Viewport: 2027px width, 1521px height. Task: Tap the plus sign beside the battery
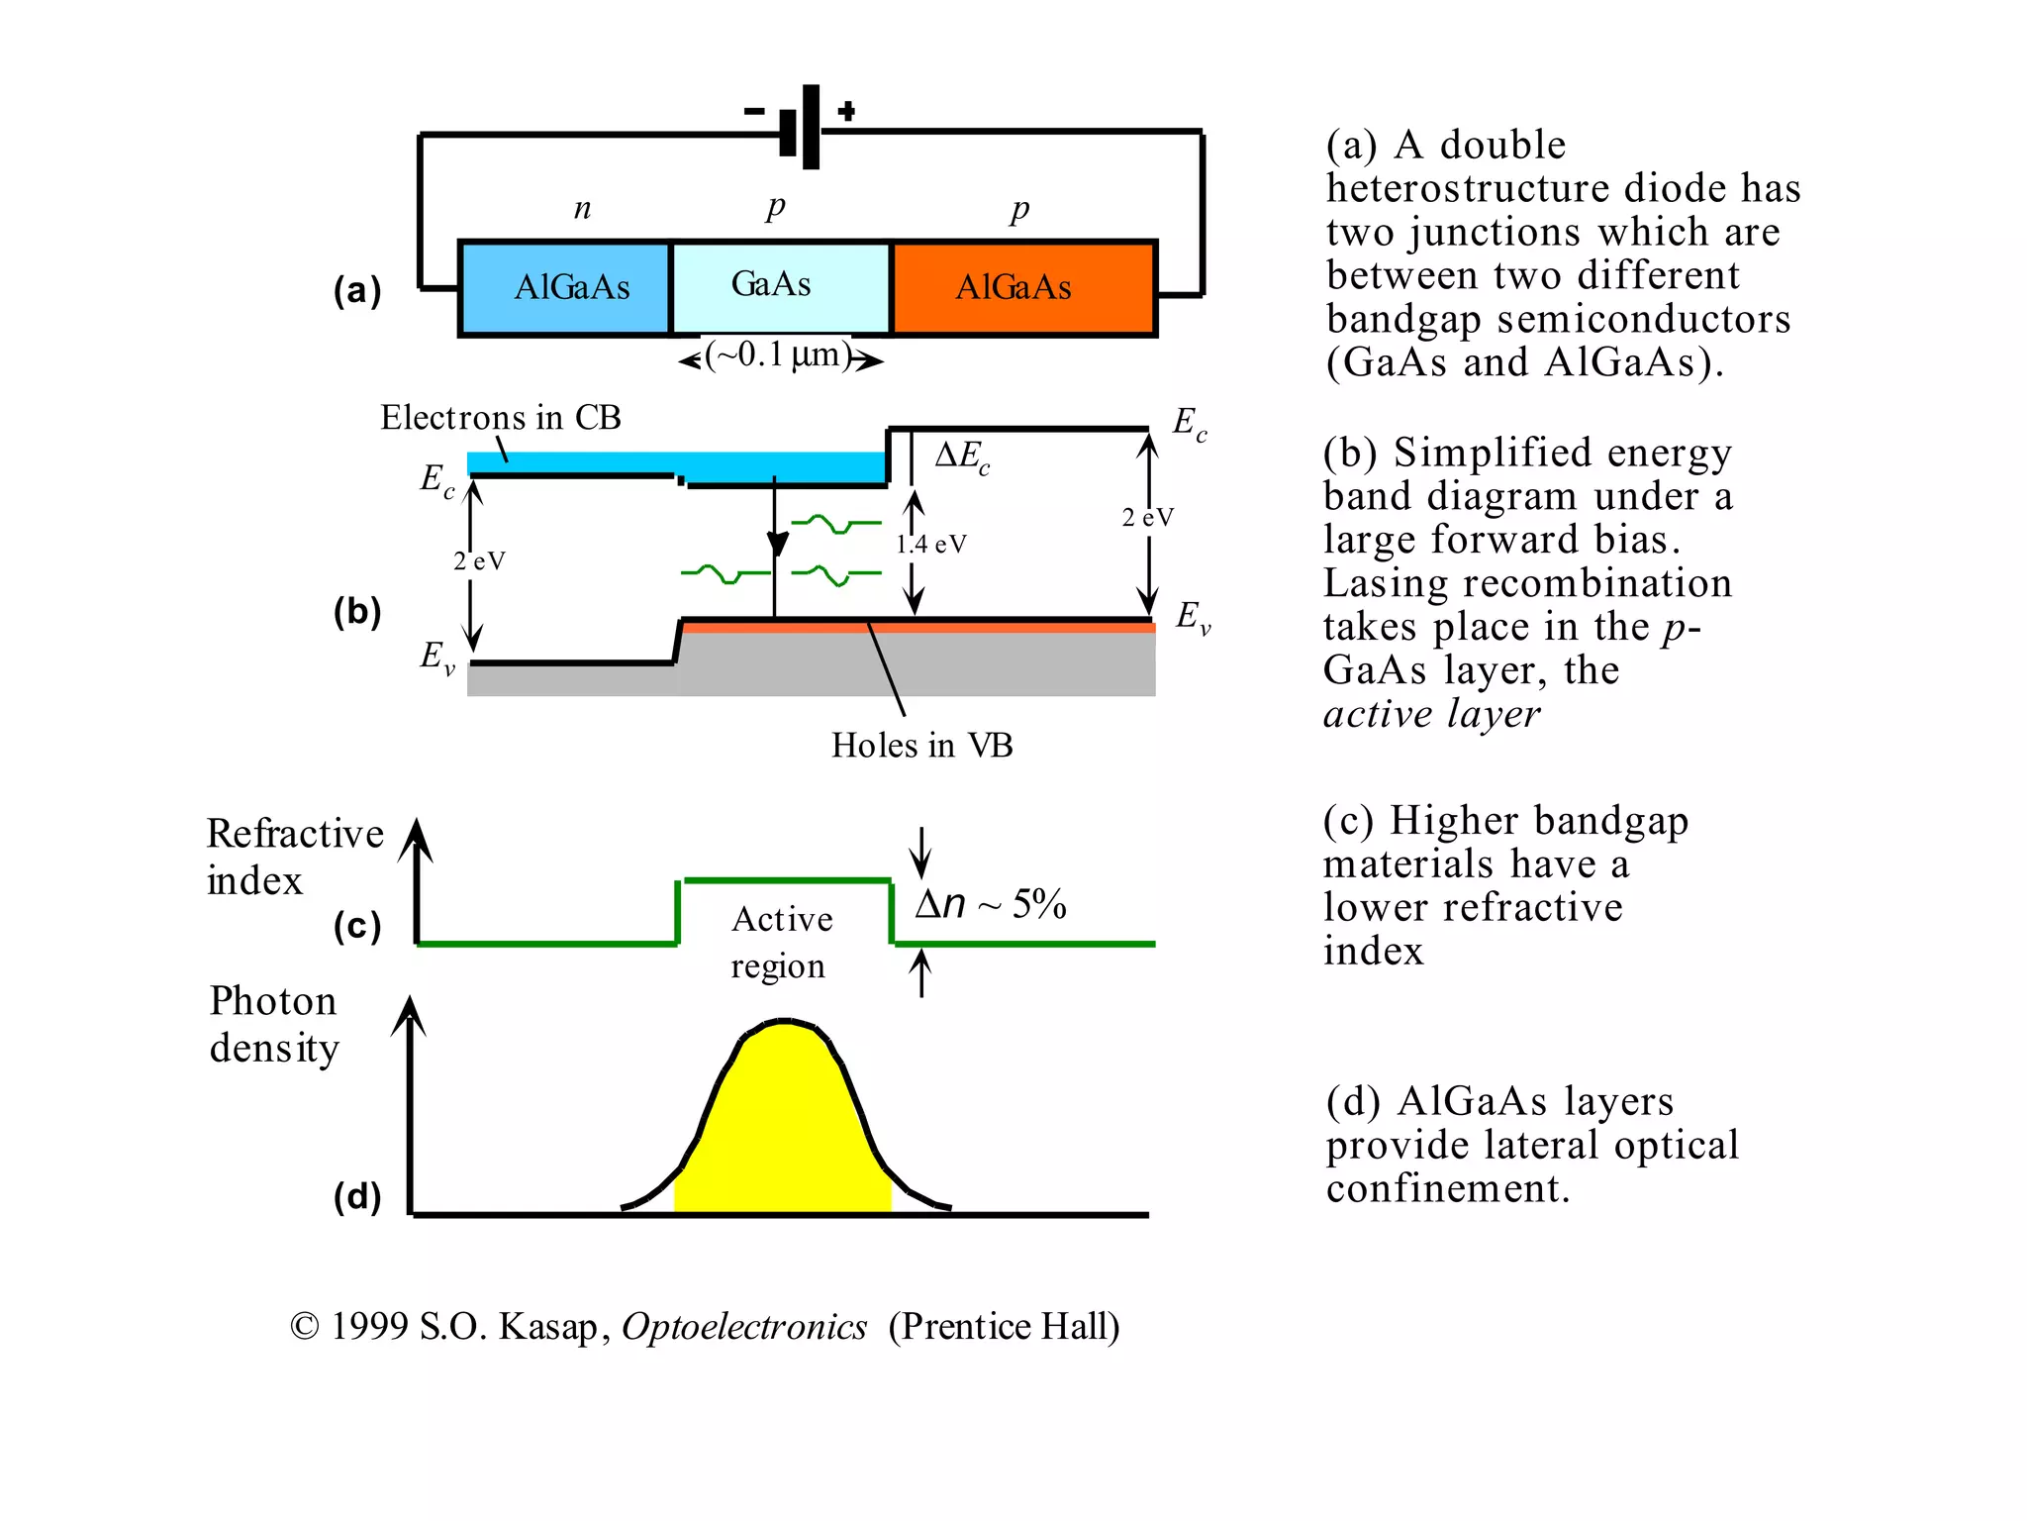[846, 111]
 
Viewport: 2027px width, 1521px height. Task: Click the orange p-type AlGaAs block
[1022, 288]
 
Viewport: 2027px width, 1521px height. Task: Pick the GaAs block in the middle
[780, 286]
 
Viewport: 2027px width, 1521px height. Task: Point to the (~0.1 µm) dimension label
[780, 355]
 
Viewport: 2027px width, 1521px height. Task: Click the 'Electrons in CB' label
[500, 418]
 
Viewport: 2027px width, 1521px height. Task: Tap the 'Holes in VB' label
[921, 746]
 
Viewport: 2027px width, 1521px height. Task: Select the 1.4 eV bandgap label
[931, 544]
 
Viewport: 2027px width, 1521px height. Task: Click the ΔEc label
[962, 456]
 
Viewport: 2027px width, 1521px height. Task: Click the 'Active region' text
[781, 942]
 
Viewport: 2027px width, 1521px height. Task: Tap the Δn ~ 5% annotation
[990, 904]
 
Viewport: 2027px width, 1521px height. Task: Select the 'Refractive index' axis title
[293, 857]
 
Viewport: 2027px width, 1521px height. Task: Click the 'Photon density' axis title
[274, 1024]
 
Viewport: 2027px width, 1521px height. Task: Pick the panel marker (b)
[357, 612]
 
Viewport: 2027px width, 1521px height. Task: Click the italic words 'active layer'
[1431, 714]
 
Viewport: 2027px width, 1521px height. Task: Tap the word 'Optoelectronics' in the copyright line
[744, 1327]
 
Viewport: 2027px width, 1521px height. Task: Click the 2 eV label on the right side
[1147, 517]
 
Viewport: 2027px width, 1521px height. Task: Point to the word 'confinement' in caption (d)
[1447, 1188]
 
